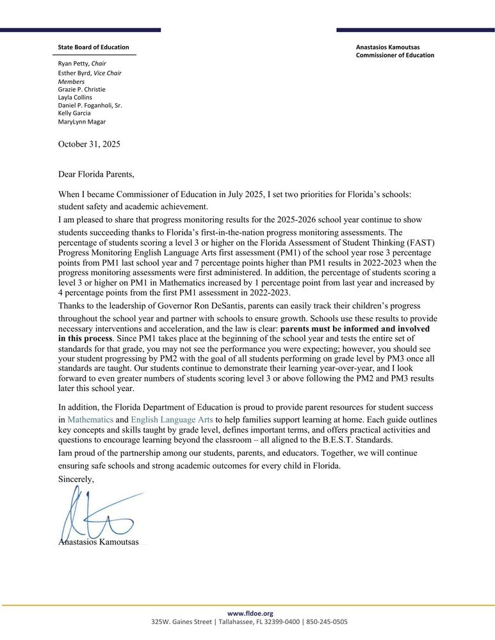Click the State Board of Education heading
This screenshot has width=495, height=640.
tap(93, 47)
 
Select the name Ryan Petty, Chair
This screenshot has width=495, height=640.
tap(82, 63)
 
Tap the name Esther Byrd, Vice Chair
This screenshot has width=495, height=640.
tap(90, 73)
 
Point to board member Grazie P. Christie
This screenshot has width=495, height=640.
tap(82, 90)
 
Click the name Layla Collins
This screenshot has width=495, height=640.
tap(75, 97)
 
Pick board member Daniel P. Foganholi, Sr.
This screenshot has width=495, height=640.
tap(90, 105)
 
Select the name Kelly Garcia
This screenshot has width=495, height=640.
tap(74, 113)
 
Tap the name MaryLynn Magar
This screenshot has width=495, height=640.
tap(82, 122)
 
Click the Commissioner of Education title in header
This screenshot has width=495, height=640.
tap(394, 55)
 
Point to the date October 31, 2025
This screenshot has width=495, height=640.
tap(89, 144)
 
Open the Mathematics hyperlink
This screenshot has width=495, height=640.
tap(90, 419)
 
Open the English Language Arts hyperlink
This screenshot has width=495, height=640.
tap(172, 419)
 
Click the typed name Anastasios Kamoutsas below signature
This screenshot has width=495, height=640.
tap(99, 543)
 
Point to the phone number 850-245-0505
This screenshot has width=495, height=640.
tap(327, 621)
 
